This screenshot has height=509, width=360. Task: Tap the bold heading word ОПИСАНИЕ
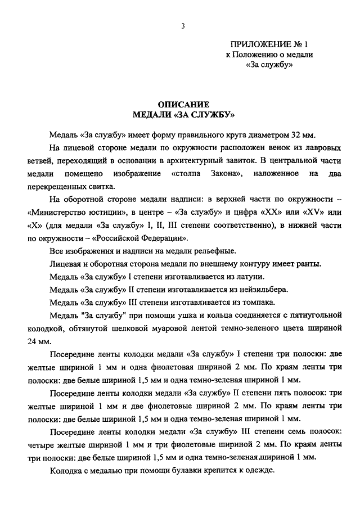(183, 104)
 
